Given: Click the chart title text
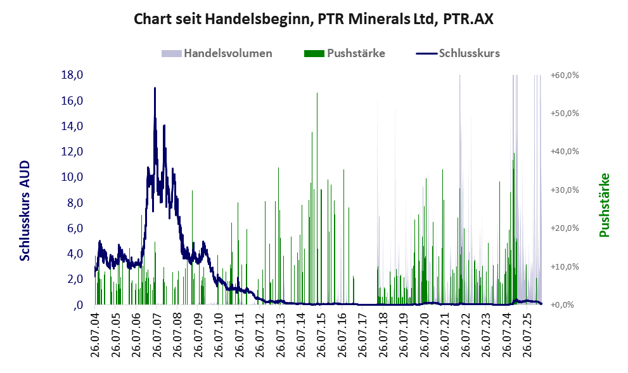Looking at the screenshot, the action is (313, 19).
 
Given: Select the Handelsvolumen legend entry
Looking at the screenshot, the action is (217, 53).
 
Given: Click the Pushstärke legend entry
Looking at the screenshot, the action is (345, 53).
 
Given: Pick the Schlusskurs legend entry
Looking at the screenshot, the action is (458, 53).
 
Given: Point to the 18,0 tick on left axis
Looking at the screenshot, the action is (72, 75).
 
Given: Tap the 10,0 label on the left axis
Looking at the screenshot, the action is (72, 177).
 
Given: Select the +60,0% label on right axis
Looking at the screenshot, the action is (565, 75).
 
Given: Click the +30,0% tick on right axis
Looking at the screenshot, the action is (565, 190).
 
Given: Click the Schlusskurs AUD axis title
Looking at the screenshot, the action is (25, 211).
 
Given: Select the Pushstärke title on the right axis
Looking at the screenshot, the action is (605, 205).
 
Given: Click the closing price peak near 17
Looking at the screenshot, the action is (155, 88).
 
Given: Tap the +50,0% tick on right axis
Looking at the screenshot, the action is (565, 113).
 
